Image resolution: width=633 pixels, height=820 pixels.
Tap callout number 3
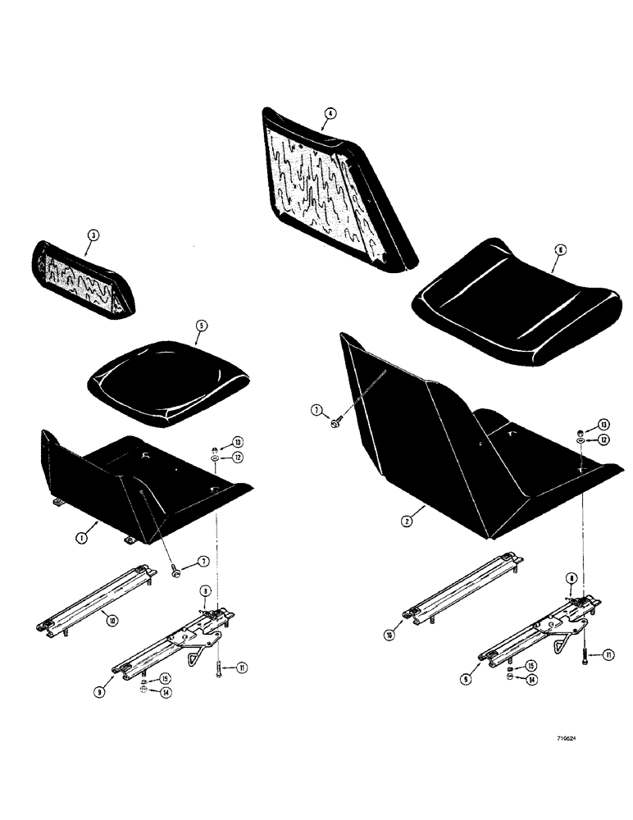click(93, 235)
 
